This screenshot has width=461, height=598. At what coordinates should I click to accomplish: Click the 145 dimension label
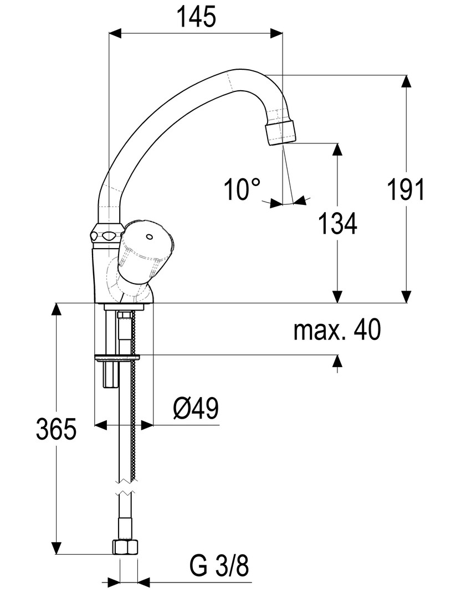(197, 17)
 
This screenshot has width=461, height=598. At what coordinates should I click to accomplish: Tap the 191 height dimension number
(406, 189)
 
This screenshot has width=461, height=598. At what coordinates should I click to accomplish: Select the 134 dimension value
(337, 224)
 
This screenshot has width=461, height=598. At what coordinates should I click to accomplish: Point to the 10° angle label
(242, 189)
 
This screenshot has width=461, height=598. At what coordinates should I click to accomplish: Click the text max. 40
(337, 330)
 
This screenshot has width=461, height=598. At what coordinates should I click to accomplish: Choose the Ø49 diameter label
(196, 408)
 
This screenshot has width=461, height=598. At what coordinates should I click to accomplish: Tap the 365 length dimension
(56, 429)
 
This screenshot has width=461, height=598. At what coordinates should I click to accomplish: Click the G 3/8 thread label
(219, 566)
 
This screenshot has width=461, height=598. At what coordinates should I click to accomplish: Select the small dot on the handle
(149, 238)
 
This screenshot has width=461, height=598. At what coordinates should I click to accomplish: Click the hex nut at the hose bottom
(125, 547)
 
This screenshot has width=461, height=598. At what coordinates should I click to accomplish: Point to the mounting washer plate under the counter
(117, 358)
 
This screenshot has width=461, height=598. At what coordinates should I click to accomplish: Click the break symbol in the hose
(125, 489)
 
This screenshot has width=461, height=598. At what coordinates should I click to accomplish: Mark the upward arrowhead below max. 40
(337, 361)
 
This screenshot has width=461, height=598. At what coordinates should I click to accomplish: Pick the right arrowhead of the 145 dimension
(276, 33)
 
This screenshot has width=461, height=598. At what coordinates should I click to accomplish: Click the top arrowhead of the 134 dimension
(337, 150)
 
